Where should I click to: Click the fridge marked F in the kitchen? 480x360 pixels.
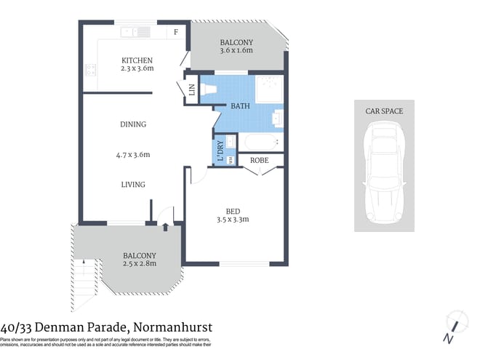pos(175,32)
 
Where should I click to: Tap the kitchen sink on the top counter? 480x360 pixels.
pos(136,31)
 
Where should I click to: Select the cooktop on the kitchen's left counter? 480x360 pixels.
pos(91,71)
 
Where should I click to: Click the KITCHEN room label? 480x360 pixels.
pos(137,60)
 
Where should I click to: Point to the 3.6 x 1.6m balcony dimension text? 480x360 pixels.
pos(236,51)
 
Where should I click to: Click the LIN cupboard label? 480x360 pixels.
pos(192,90)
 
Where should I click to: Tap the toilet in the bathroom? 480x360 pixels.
pos(209,89)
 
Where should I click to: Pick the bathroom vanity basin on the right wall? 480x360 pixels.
pos(279,116)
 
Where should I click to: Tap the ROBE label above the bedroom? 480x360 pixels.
pos(260,160)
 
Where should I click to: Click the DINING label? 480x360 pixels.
pos(133,124)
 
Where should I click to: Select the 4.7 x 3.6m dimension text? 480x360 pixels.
pos(132,154)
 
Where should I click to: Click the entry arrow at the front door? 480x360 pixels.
pos(165,228)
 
